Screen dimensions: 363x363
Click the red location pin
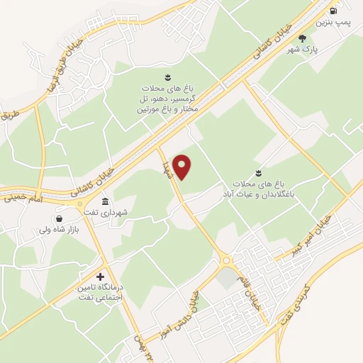(x=182, y=167)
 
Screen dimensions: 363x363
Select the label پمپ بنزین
(x=332, y=23)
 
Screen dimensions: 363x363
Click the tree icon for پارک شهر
(x=303, y=38)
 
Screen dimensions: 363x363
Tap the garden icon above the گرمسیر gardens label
(x=167, y=77)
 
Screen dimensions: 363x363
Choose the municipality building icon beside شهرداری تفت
(x=105, y=201)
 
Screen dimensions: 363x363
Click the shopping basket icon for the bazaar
(x=57, y=218)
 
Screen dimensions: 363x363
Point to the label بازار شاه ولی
(x=54, y=230)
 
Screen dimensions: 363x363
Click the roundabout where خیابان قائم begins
(x=227, y=260)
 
